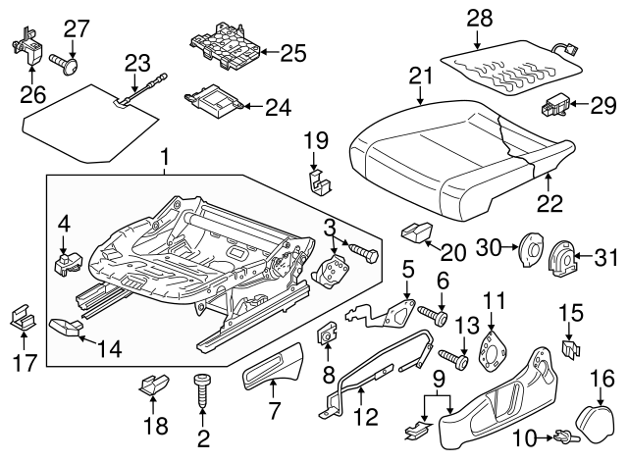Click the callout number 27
point(77,26)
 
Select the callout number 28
point(478,17)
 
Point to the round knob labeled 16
point(592,412)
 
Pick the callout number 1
point(165,156)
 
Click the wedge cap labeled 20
point(416,233)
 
